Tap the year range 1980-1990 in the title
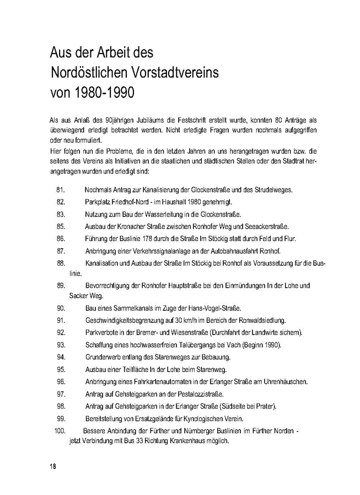pyautogui.click(x=103, y=91)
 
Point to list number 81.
pyautogui.click(x=61, y=190)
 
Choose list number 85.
pyautogui.click(x=61, y=227)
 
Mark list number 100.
pyautogui.click(x=61, y=430)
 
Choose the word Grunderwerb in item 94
pyautogui.click(x=104, y=357)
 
